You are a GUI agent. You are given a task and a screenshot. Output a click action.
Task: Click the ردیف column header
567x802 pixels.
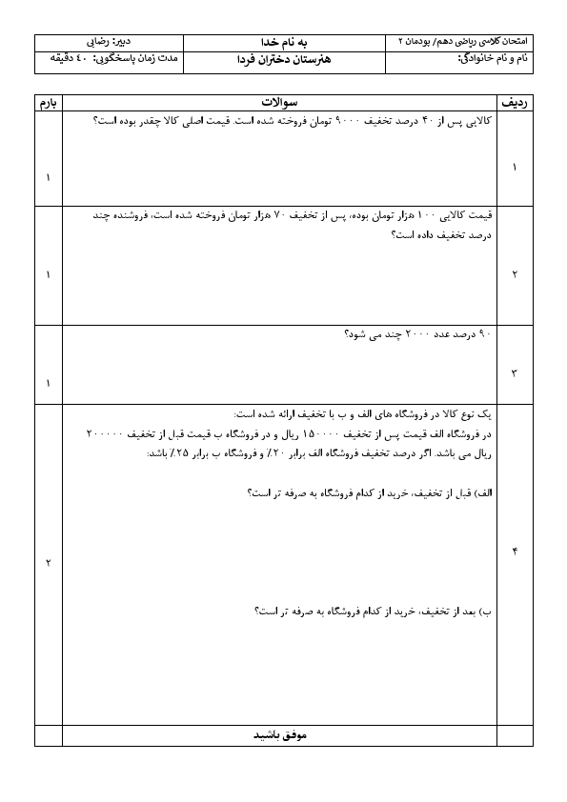[x=515, y=101]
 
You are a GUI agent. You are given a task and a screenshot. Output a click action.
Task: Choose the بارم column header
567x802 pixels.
[x=48, y=101]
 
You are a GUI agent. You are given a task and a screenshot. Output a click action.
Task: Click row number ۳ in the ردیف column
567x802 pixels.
[x=515, y=372]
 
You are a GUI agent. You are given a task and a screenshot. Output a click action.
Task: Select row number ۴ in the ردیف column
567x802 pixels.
[x=515, y=552]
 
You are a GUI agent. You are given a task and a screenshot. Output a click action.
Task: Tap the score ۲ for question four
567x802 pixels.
[x=48, y=562]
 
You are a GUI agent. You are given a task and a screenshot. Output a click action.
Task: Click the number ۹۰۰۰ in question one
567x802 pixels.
[x=353, y=122]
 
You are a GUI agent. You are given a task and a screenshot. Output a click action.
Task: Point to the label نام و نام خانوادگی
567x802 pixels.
[x=491, y=59]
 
